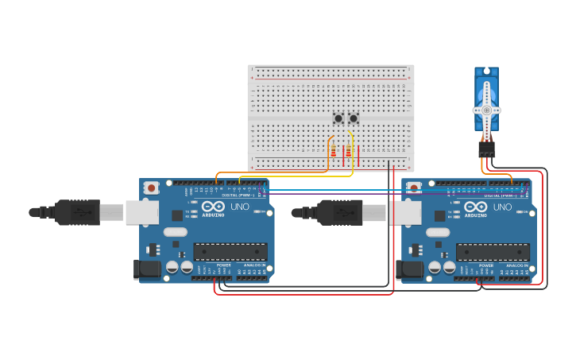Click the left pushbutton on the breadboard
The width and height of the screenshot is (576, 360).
tap(338, 118)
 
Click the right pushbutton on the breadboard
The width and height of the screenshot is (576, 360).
tap(354, 118)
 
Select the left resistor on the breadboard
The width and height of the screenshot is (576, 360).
tap(334, 152)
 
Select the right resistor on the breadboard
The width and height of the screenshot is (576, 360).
tap(348, 152)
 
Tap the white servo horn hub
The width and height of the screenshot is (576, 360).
tap(486, 110)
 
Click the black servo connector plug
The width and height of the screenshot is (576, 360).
tap(486, 149)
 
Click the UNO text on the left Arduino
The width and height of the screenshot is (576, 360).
tap(239, 207)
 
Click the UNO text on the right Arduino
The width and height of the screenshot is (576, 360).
tap(502, 207)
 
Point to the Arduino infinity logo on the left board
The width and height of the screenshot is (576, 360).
tap(213, 206)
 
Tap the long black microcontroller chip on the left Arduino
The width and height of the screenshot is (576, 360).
tap(230, 252)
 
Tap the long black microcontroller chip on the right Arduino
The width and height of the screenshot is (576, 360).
tap(493, 252)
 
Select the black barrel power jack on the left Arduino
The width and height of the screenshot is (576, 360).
tap(149, 269)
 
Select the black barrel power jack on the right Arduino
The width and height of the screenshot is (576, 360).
tap(412, 269)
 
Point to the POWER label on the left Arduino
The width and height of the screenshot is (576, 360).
tap(223, 265)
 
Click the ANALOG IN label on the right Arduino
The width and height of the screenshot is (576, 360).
tap(517, 265)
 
